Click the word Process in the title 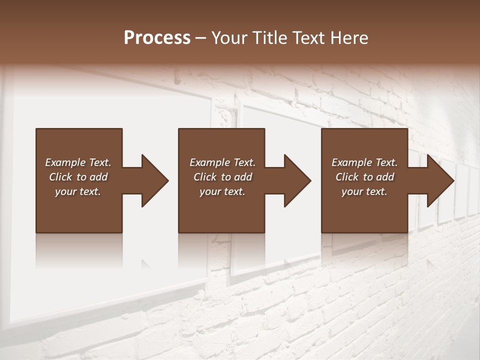pos(157,38)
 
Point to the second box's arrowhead pos(296,180)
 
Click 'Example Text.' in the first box pos(78,162)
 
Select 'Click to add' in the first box pos(78,177)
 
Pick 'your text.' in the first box pos(78,191)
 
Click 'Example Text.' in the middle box pos(222,162)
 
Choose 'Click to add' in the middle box pos(222,177)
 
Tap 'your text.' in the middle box pos(222,191)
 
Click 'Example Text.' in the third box pos(364,162)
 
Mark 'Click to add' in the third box pos(364,177)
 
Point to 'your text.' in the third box pos(364,191)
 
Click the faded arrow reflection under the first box pos(148,263)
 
